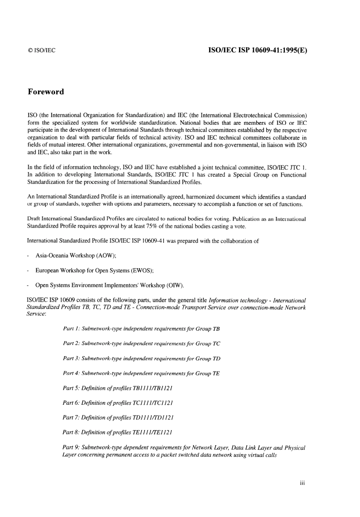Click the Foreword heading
pos(46,92)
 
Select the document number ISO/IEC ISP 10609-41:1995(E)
pos(258,50)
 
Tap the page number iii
pos(302,483)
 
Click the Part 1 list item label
pos(71,329)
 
